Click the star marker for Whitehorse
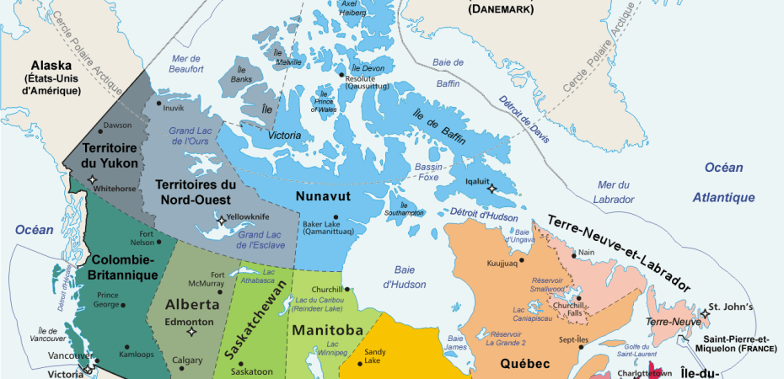[92, 180]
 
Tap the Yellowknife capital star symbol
[222, 220]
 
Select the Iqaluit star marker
[491, 189]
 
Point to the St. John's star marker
[704, 313]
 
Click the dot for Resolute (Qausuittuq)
[341, 77]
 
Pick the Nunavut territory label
[323, 196]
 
